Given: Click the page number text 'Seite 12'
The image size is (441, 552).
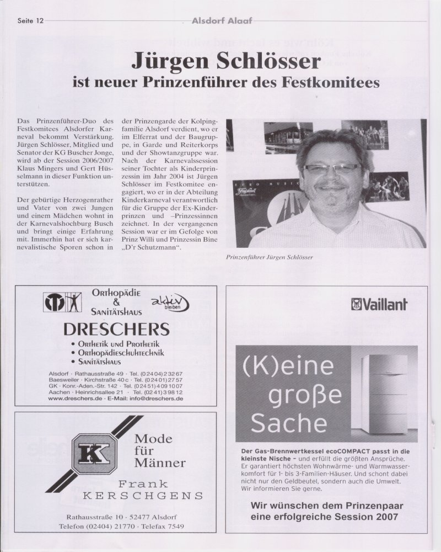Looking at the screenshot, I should point(30,21).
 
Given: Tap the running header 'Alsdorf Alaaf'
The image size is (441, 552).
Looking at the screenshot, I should point(222,21).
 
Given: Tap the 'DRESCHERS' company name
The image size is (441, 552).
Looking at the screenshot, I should point(116,330).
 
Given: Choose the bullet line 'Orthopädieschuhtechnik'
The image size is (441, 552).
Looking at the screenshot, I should point(120,353).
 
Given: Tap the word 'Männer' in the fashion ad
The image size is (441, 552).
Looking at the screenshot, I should point(160,463).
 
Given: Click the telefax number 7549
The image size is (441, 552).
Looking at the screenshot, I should point(174,527).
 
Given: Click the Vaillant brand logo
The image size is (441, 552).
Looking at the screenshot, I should point(379,304).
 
